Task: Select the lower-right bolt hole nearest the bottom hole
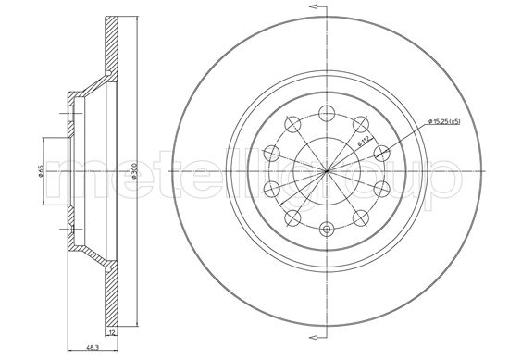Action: click(x=357, y=217)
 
